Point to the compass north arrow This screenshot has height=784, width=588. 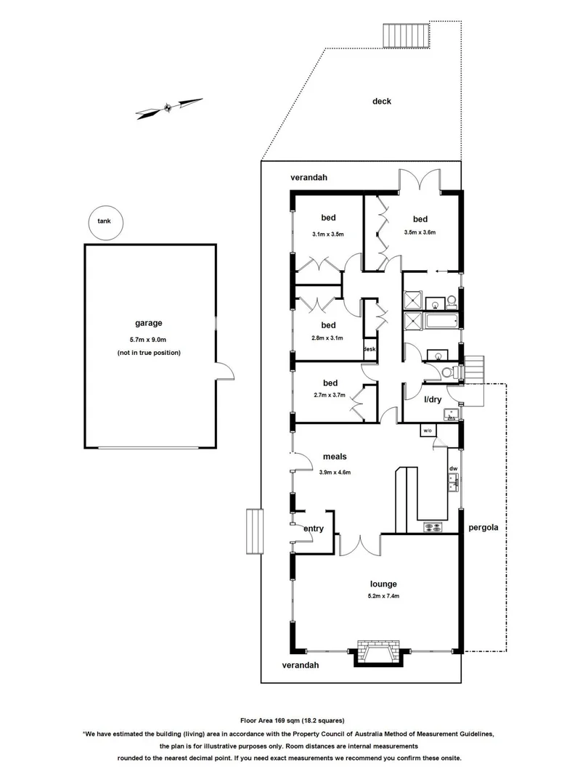coord(168,108)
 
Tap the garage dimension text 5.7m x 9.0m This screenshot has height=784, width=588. coord(149,338)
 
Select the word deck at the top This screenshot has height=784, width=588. coord(382,102)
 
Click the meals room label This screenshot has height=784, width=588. coord(335,457)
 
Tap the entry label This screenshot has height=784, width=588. coord(314,528)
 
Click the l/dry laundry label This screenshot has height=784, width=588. coord(432,400)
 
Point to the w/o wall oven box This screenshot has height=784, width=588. coord(427,431)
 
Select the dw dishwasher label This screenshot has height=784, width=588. coord(452,469)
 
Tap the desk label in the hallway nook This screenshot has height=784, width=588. coord(369,349)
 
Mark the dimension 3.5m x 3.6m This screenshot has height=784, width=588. coord(420,233)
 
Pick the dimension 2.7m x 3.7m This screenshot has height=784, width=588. coord(329,396)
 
